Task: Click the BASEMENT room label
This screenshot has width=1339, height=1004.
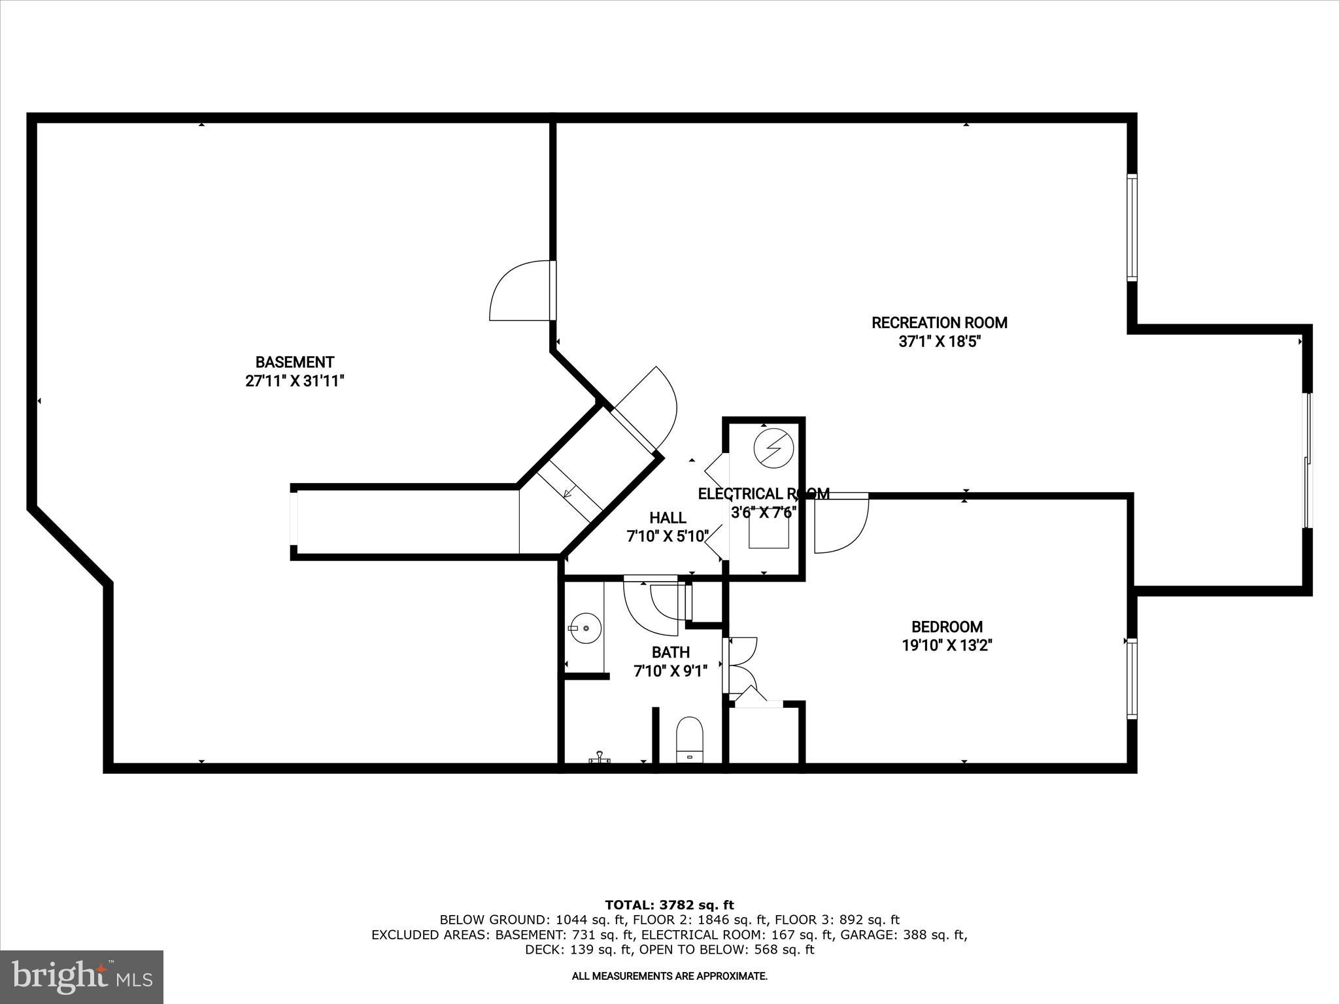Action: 294,362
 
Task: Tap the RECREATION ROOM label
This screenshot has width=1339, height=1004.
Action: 939,322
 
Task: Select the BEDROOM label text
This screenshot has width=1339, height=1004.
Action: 947,627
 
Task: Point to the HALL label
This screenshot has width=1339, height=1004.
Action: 668,518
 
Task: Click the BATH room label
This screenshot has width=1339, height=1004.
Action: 670,652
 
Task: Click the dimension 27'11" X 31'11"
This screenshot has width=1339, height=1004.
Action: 294,381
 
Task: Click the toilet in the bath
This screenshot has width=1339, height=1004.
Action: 688,739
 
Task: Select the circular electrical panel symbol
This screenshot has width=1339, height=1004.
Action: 773,448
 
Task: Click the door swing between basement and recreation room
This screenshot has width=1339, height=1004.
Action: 520,291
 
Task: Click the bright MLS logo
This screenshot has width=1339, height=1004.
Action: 82,977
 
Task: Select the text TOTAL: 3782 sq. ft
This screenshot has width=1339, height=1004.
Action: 669,905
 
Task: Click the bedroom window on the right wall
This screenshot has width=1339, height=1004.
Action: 1131,678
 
